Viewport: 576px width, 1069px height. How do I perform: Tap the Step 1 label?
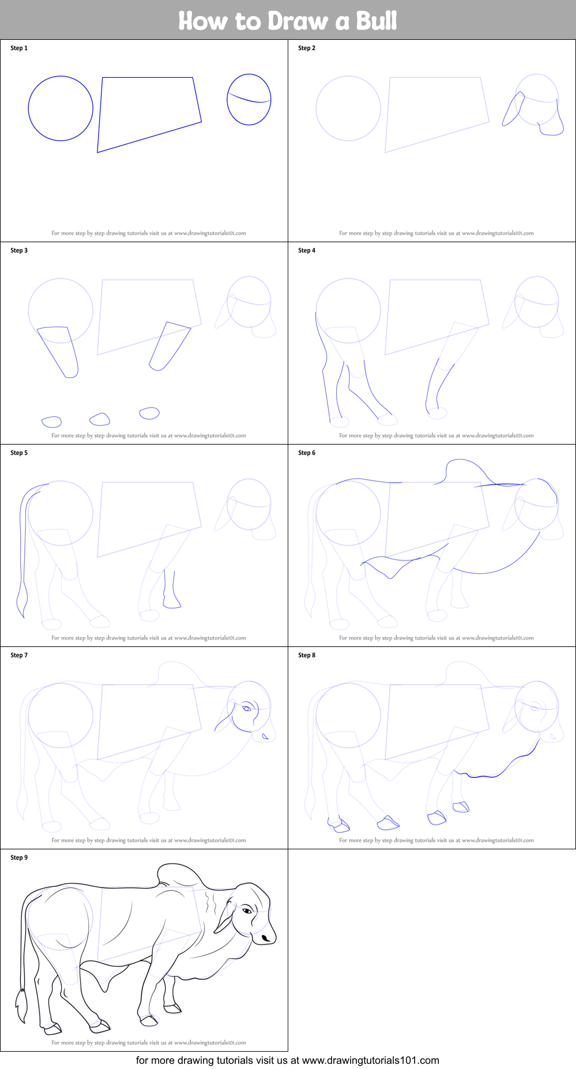[x=19, y=48]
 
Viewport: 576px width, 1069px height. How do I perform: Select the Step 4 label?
[x=307, y=250]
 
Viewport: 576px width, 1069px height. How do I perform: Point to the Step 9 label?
[x=19, y=857]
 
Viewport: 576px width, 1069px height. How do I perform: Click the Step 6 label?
[x=307, y=453]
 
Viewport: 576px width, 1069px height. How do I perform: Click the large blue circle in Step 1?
[x=29, y=108]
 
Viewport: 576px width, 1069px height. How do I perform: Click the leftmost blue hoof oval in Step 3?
[x=51, y=421]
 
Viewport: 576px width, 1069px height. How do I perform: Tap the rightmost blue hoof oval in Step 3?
[x=149, y=413]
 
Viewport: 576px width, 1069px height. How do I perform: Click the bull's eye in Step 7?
[x=247, y=707]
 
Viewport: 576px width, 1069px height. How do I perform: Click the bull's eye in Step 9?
[x=247, y=910]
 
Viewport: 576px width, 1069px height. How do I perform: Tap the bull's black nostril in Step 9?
[x=266, y=939]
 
